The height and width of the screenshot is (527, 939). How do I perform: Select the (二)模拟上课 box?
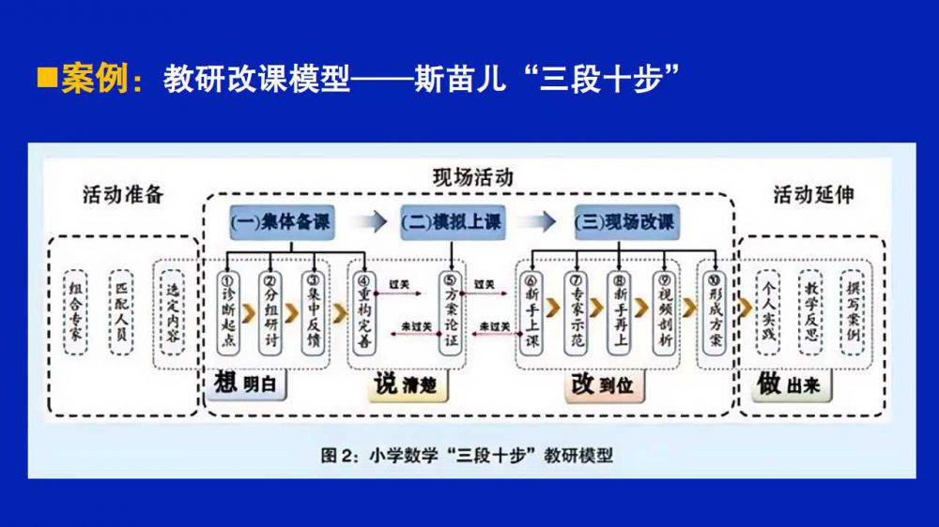[x=452, y=223]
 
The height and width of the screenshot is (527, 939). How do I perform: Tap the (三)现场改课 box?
[x=625, y=223]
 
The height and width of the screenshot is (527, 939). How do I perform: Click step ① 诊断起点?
[x=227, y=312]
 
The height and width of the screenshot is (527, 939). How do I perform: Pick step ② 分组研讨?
[x=270, y=312]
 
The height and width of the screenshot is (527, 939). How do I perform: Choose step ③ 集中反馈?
[x=313, y=312]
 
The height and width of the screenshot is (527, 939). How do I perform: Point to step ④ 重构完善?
[x=365, y=312]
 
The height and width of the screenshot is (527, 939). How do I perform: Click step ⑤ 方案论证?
[x=452, y=312]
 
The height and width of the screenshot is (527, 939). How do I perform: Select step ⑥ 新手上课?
[x=532, y=312]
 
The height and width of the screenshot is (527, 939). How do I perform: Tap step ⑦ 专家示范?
[x=576, y=312]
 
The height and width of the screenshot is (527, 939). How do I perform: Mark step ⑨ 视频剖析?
[x=666, y=312]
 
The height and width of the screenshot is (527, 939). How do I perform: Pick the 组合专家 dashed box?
[x=76, y=312]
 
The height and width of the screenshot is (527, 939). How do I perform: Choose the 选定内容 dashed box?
[x=171, y=312]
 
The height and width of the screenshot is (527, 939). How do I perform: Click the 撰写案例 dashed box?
[x=852, y=312]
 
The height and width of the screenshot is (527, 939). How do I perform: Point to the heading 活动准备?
[x=122, y=194]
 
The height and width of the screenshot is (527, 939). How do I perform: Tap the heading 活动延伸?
[x=813, y=194]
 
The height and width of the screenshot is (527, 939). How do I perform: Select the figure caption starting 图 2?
[x=467, y=456]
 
